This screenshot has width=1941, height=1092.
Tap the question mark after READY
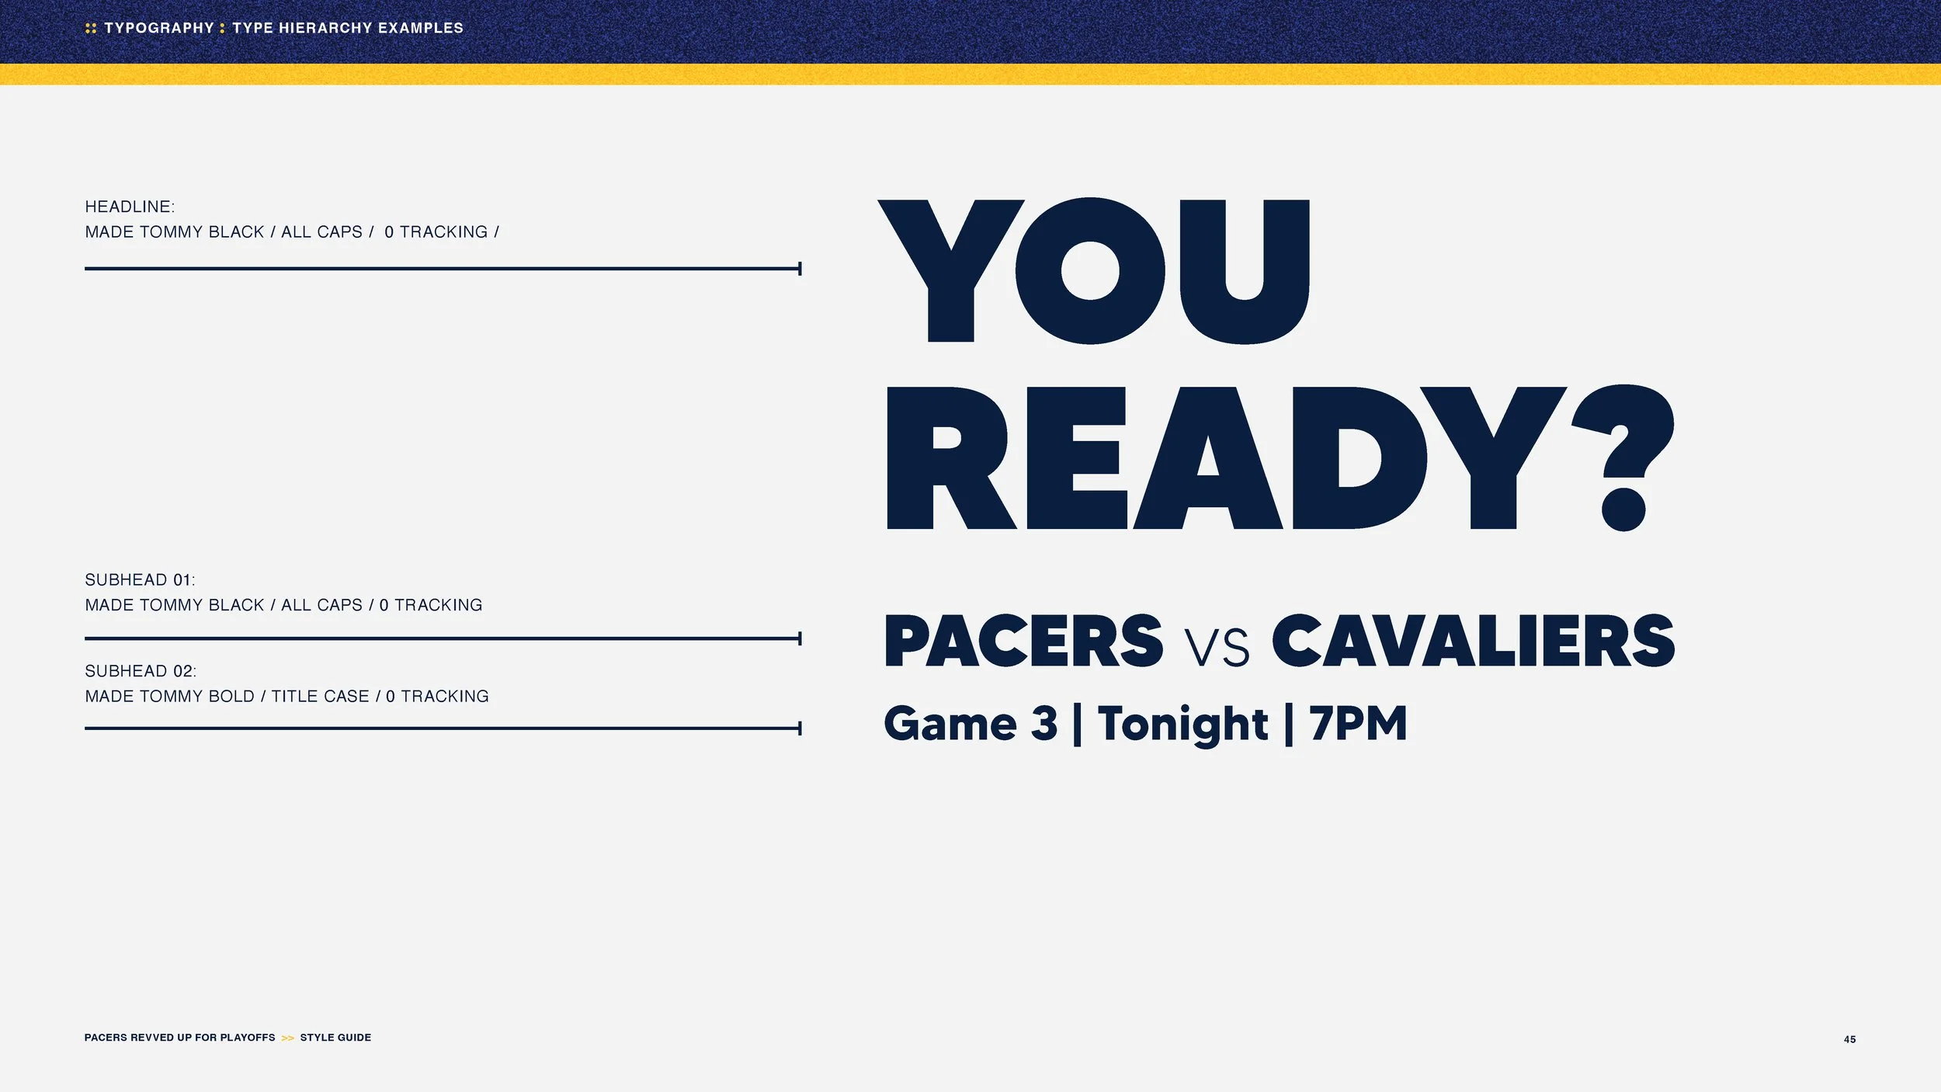[1623, 458]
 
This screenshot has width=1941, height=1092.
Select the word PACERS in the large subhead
[1023, 641]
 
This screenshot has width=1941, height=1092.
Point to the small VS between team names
[1217, 647]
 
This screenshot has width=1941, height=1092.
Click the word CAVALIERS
[1473, 641]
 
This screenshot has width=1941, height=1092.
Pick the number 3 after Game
[1044, 723]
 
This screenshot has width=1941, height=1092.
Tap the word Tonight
[1182, 725]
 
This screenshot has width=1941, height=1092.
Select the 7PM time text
[1358, 723]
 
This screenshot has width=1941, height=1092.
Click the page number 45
[1849, 1039]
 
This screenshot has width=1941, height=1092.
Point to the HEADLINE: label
[130, 207]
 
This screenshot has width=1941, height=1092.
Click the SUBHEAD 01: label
[140, 579]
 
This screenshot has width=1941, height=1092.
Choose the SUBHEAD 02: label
[141, 671]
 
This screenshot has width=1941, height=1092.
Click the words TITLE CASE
[320, 697]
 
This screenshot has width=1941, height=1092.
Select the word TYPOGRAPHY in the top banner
[159, 28]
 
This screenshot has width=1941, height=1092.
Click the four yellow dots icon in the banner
[91, 28]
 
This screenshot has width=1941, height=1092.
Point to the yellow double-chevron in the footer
[287, 1038]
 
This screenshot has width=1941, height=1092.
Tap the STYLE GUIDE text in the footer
[335, 1038]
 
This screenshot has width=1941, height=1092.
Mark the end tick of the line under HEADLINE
[800, 269]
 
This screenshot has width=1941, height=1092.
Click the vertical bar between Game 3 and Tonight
[1077, 725]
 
